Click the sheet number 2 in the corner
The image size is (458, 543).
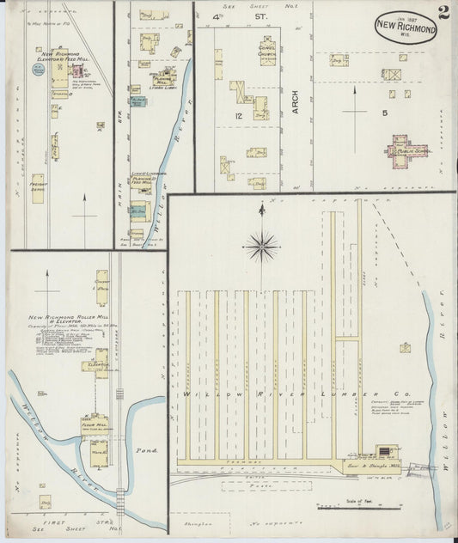pyautogui.click(x=442, y=12)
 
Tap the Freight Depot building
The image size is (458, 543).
pyautogui.click(x=38, y=188)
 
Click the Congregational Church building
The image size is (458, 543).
pyautogui.click(x=267, y=51)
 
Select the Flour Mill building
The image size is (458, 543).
pyautogui.click(x=99, y=425)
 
